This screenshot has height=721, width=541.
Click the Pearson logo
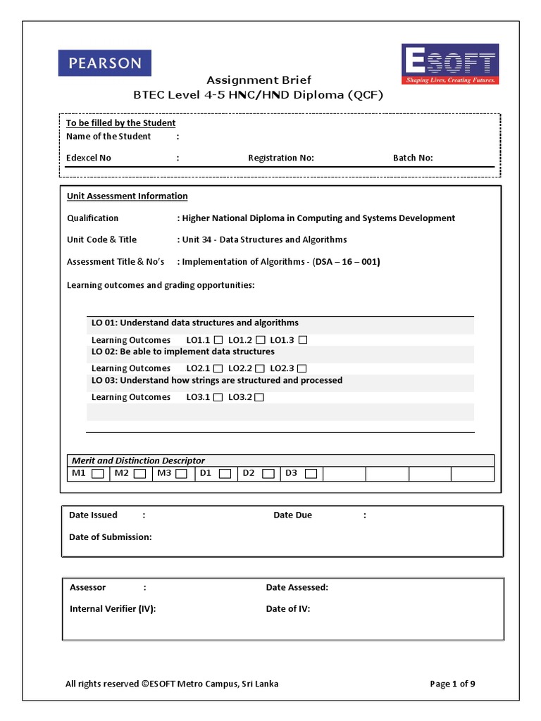click(104, 63)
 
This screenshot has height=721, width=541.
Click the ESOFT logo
click(450, 64)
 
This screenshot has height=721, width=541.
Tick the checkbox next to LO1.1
click(218, 340)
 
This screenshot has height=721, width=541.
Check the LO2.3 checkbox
click(301, 368)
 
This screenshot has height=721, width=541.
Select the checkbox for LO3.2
click(259, 397)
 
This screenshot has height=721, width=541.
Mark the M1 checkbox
click(98, 474)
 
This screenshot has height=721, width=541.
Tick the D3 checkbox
click(311, 474)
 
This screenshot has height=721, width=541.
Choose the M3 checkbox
click(182, 474)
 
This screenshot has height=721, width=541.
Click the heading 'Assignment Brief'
click(259, 80)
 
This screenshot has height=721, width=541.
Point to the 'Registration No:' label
click(281, 158)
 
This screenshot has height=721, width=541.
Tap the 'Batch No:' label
click(413, 158)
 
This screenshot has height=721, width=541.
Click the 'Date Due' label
click(292, 515)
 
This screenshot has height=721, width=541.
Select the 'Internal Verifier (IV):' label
click(113, 609)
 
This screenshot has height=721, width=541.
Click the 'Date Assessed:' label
click(297, 587)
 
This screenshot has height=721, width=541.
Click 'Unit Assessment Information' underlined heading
click(127, 196)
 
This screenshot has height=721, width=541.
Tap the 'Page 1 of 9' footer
click(456, 684)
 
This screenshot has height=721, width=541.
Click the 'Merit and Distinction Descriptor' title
click(138, 460)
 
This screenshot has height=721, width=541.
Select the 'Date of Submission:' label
click(110, 537)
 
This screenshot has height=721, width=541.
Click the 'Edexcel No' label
click(89, 158)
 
